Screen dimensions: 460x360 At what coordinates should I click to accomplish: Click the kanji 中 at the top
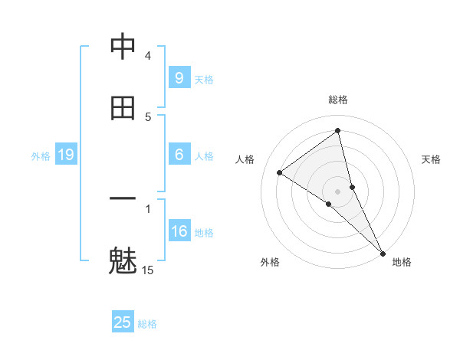click(123, 47)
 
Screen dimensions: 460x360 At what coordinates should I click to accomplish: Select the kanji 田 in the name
click(123, 108)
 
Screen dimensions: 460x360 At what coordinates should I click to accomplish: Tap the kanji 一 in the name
click(123, 200)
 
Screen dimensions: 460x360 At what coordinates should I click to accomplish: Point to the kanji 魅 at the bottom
click(123, 260)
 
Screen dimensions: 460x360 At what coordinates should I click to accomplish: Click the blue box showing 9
click(179, 77)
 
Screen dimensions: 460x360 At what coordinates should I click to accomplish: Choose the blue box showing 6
click(179, 155)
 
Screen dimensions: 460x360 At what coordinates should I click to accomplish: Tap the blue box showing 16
click(179, 231)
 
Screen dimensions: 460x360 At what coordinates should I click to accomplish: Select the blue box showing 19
click(66, 155)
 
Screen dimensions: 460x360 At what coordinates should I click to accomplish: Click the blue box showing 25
click(123, 322)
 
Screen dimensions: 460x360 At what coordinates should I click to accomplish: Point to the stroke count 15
click(148, 270)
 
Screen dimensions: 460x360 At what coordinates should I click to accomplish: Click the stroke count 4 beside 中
click(148, 55)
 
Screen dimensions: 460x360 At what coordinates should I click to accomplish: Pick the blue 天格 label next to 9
click(204, 79)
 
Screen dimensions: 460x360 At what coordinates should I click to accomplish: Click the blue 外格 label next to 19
click(41, 155)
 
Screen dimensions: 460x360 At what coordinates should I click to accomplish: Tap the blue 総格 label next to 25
click(147, 324)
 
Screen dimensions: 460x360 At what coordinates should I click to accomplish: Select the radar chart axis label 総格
click(337, 100)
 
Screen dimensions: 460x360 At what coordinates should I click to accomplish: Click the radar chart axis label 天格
click(431, 159)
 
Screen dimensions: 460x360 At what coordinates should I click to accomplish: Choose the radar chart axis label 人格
click(245, 159)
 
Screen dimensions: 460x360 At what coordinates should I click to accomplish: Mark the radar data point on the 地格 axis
click(383, 253)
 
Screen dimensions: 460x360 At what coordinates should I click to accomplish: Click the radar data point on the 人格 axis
click(279, 172)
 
